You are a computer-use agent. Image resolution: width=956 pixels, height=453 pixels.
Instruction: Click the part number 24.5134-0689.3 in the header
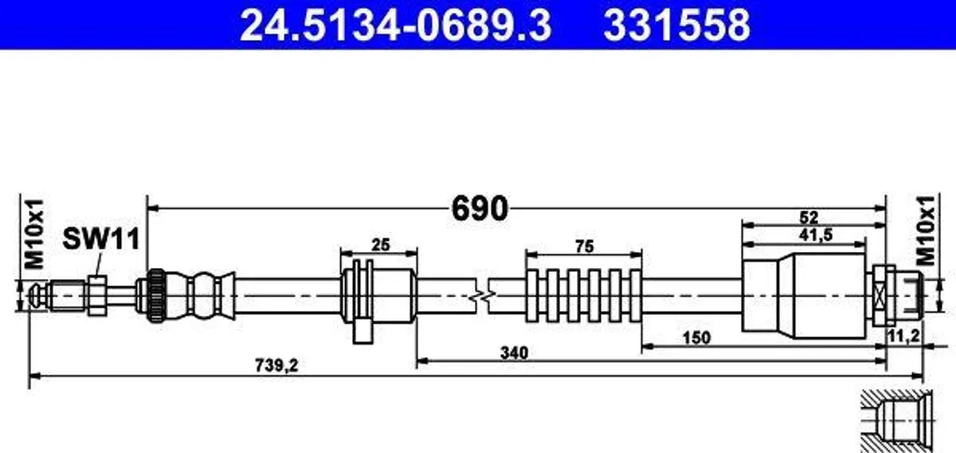396,25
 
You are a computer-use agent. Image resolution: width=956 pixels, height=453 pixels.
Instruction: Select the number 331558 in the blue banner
677,25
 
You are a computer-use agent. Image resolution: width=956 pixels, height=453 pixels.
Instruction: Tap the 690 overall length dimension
480,209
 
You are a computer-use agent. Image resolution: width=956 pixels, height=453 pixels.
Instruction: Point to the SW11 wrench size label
101,240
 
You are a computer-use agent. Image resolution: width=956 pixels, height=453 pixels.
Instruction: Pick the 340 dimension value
514,352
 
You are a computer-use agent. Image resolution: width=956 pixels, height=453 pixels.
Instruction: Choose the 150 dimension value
696,338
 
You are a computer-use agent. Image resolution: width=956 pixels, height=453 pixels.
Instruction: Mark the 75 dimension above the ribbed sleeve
583,247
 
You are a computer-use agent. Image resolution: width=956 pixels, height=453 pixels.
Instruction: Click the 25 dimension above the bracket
381,245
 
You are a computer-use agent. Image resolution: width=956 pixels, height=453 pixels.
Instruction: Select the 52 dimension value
809,218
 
